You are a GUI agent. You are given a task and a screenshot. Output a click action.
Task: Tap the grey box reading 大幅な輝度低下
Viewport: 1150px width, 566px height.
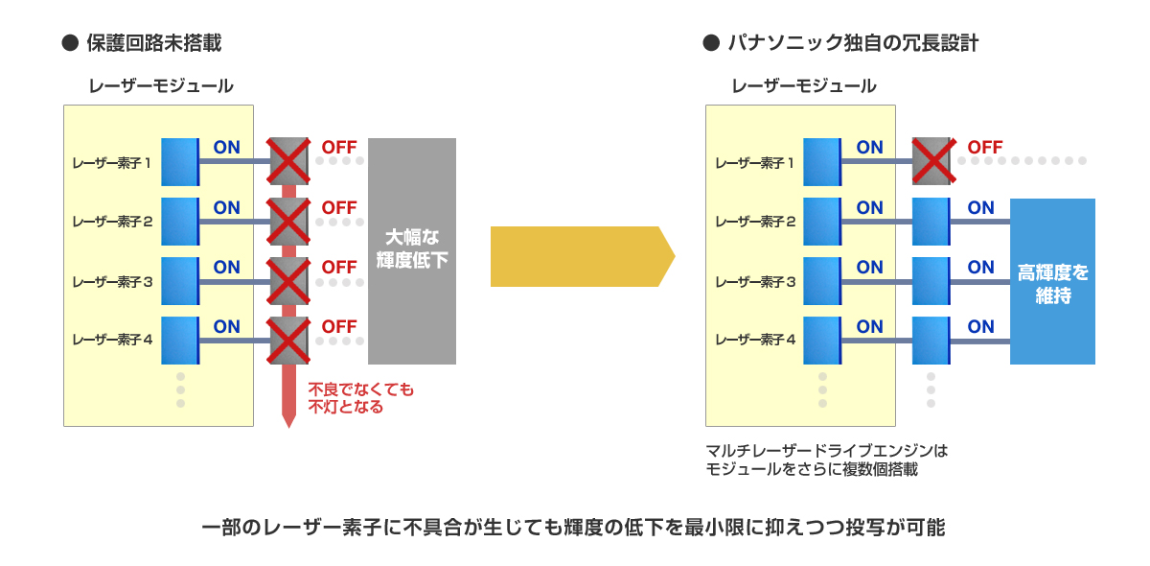412,250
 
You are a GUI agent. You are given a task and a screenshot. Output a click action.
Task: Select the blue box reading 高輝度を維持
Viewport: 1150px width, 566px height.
1052,282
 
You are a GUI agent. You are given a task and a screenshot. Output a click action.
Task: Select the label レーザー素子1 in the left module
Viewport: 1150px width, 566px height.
111,162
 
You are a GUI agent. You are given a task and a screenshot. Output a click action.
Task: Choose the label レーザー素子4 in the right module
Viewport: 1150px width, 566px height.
754,339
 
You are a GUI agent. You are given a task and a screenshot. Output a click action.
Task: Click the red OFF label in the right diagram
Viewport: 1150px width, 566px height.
985,148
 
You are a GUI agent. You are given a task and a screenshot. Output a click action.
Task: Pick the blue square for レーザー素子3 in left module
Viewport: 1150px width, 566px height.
179,281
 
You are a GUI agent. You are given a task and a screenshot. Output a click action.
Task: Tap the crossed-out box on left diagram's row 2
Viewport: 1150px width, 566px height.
287,221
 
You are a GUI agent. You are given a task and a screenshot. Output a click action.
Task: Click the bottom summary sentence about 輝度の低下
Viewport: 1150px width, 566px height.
574,528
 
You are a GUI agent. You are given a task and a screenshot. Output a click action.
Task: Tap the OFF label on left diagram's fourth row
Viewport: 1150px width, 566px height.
339,327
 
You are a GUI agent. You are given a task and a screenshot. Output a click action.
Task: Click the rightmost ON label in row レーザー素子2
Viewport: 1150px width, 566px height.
980,207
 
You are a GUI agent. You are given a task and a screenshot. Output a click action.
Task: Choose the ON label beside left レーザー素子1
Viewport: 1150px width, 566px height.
227,148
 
